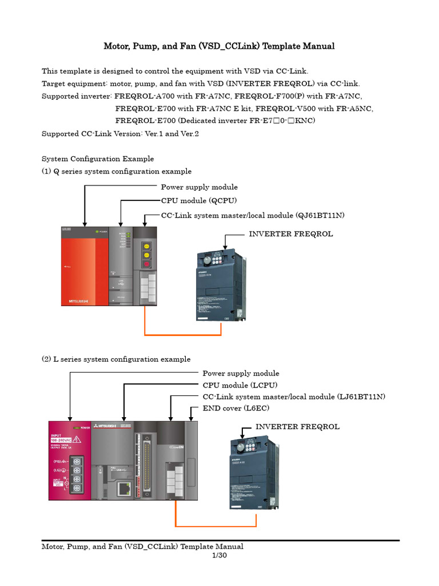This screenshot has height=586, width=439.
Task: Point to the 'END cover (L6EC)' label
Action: click(x=236, y=408)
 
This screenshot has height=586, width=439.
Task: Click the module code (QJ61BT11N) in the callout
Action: click(x=320, y=215)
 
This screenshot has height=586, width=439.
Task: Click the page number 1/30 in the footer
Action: click(x=219, y=556)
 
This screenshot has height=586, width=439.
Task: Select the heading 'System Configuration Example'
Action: click(x=98, y=159)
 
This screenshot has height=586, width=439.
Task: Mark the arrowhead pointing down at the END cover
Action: click(x=191, y=419)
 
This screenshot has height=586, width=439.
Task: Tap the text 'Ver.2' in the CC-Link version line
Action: click(x=188, y=133)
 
